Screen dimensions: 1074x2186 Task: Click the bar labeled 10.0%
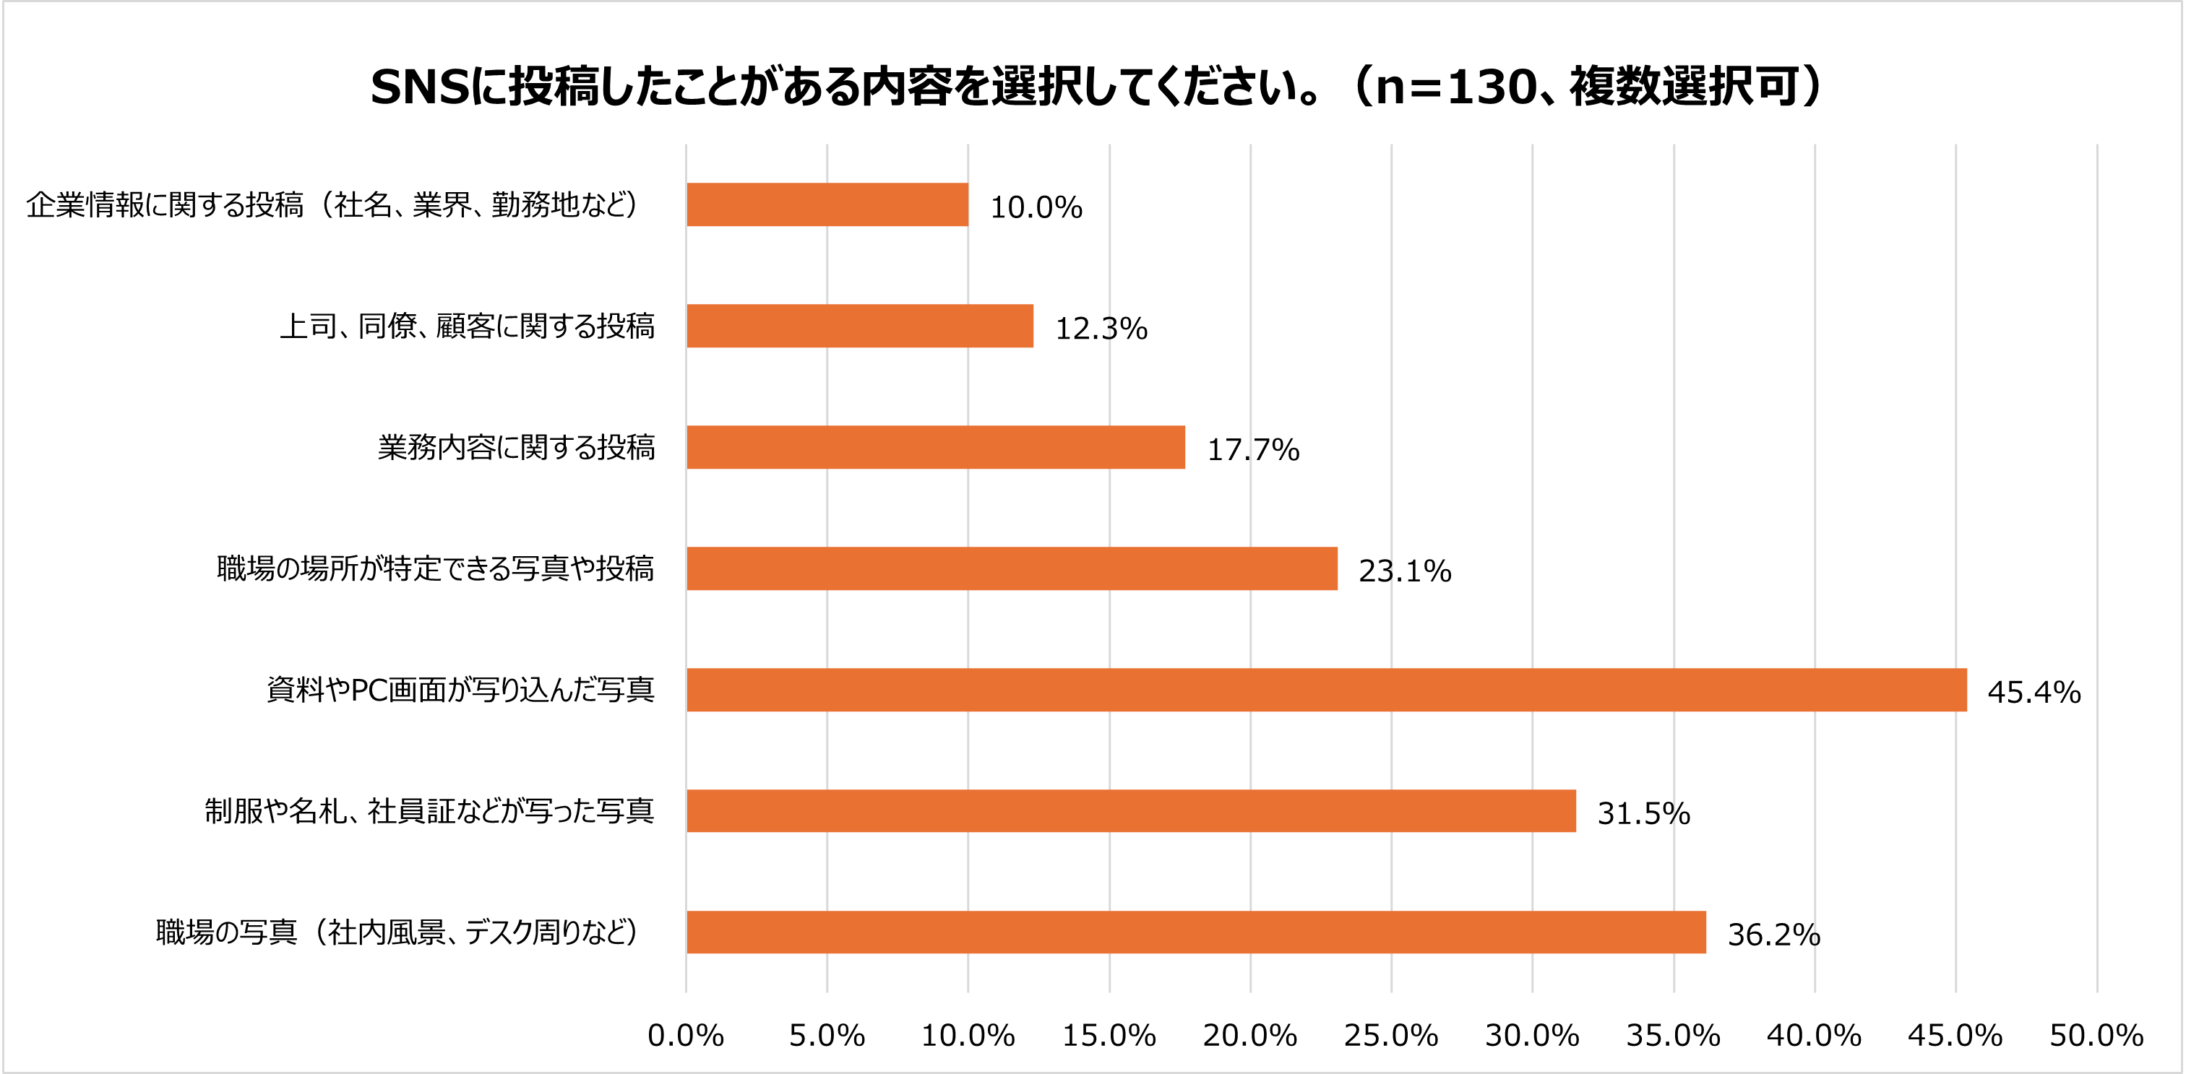[827, 204]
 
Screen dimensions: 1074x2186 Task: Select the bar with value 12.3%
[860, 326]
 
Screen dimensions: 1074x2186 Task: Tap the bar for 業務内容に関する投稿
[935, 447]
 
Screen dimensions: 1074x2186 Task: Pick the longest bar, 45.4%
[1325, 690]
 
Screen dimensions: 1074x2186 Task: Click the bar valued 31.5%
[1130, 811]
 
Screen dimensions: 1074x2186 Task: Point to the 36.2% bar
[1196, 932]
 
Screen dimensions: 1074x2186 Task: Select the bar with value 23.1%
[1012, 568]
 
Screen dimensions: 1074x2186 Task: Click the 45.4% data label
[2034, 692]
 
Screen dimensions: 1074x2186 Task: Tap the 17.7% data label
[1252, 450]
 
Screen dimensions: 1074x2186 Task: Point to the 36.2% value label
[1773, 935]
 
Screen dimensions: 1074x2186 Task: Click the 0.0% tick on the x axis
[686, 1036]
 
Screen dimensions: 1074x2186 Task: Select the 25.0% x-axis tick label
[1391, 1036]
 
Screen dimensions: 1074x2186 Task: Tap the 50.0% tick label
[2096, 1036]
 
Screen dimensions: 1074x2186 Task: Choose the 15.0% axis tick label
[1109, 1036]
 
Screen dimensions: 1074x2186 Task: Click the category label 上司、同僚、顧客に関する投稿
[467, 326]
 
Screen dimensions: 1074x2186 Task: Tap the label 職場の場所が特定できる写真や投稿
[435, 569]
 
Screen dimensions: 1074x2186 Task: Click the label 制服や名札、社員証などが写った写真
[429, 812]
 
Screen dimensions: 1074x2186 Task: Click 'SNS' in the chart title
[420, 87]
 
